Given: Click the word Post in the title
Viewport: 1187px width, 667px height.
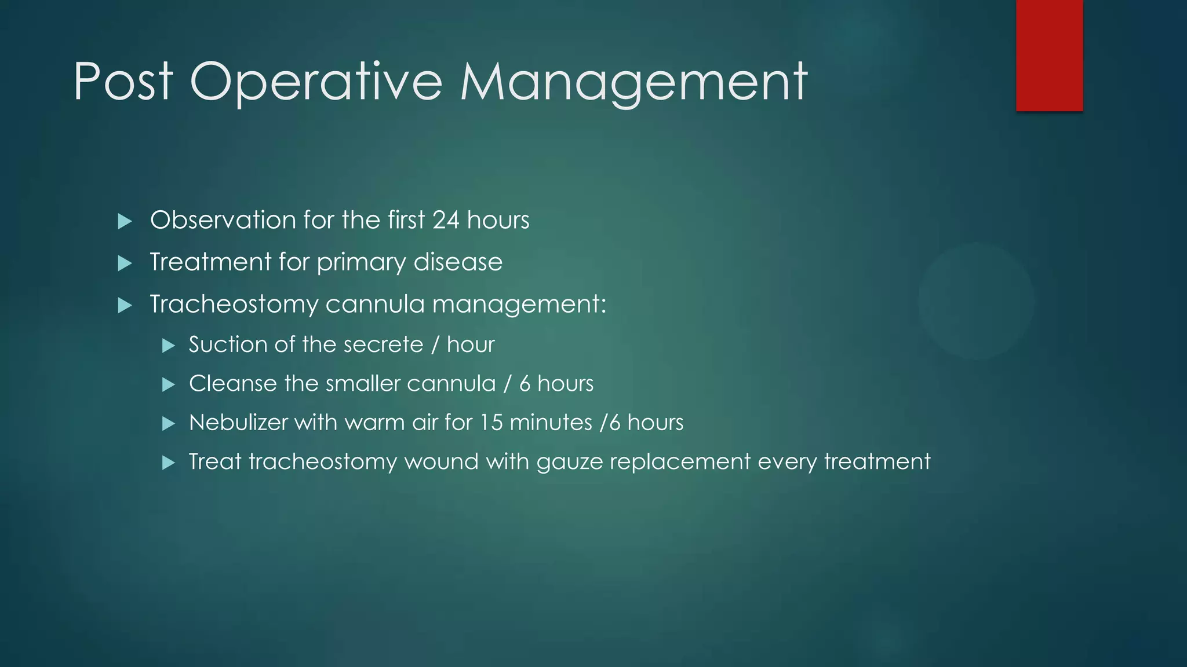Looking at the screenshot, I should (123, 82).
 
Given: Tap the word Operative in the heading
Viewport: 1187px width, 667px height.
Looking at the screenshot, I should (316, 82).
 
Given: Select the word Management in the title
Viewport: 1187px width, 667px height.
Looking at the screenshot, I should (633, 82).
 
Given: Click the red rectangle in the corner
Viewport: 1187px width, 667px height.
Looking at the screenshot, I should (1049, 56).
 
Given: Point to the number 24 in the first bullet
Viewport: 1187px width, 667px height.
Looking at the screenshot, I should (446, 220).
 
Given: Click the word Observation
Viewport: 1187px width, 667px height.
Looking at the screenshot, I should (223, 220).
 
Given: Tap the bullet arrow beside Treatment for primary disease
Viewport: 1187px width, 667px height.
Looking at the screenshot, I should (125, 263).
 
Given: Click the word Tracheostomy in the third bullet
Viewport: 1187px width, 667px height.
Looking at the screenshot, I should (234, 304).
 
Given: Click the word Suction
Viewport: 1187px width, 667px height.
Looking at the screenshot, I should (228, 345).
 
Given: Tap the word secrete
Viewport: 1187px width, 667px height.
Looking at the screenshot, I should (387, 345).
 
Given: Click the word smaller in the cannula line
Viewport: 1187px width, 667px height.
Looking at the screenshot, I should (363, 383).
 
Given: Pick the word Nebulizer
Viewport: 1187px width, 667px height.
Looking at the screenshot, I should (238, 422).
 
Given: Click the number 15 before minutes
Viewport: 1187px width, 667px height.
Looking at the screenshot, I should (491, 422).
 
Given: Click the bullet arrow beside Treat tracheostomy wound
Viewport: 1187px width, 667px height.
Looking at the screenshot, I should (168, 463).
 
